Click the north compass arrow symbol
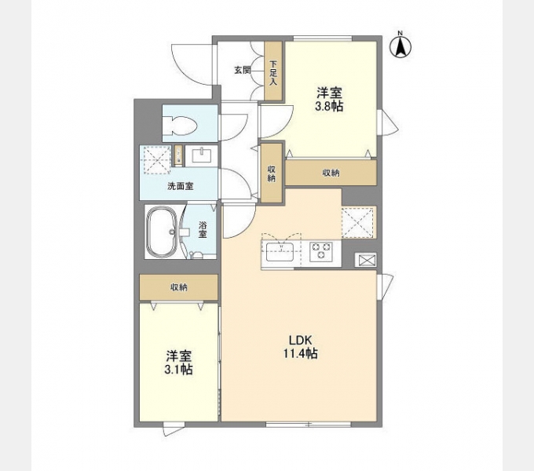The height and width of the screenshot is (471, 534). click(400, 46)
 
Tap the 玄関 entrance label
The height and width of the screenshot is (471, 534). click(242, 70)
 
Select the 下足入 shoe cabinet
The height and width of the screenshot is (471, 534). click(273, 71)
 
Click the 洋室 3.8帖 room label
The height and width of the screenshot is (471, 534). click(329, 100)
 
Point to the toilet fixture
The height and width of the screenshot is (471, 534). click(181, 126)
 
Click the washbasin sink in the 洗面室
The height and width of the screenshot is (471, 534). click(203, 156)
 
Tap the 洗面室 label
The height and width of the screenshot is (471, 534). click(181, 186)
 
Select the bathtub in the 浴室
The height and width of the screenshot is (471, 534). click(162, 232)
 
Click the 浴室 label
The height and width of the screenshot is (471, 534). click(203, 230)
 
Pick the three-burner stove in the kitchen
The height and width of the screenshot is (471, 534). click(321, 251)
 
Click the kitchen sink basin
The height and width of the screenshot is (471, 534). click(280, 252)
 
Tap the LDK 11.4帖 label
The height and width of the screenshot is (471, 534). click(301, 347)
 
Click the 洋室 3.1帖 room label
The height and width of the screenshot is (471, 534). click(178, 363)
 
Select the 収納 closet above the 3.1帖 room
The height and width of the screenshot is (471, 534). click(179, 287)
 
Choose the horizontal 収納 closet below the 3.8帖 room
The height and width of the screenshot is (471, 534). click(331, 173)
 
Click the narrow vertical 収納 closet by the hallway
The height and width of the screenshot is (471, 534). click(272, 173)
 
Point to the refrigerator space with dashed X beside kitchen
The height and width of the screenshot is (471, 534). click(358, 222)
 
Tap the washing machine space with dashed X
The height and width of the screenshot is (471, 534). click(156, 160)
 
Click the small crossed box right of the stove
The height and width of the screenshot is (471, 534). click(365, 261)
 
